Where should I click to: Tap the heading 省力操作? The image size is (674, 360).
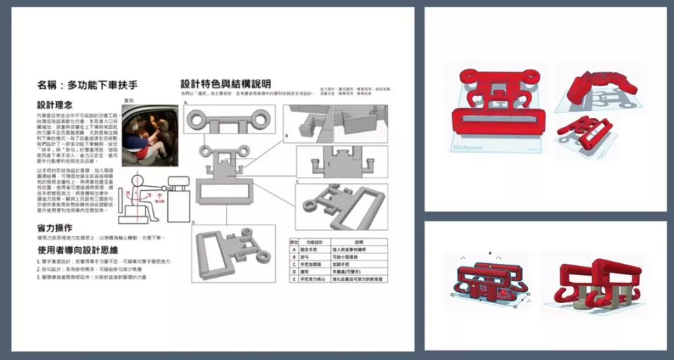click(55, 228)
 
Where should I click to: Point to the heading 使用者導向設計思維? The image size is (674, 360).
click(79, 249)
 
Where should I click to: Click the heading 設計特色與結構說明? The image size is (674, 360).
click(225, 84)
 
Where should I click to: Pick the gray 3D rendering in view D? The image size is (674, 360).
click(232, 253)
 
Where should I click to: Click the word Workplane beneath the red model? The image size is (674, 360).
click(467, 149)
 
